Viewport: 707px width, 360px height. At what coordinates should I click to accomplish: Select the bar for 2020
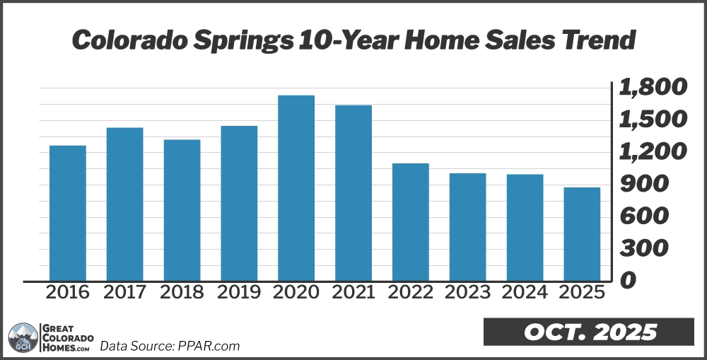pos(296,188)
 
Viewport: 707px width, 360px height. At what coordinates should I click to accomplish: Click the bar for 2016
pos(68,213)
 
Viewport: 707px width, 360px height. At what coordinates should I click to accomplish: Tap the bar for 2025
pos(582,234)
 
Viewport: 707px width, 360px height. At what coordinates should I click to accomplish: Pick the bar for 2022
pos(411,222)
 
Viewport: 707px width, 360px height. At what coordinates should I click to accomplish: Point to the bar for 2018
pos(182,210)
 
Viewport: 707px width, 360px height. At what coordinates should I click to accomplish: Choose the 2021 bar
pos(353,193)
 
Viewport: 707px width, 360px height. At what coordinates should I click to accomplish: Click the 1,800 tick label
pos(653,88)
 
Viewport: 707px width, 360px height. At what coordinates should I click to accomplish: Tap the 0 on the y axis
pos(627,280)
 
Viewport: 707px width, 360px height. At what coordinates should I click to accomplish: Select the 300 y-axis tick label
pos(643,248)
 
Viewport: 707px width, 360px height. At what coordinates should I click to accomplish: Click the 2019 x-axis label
pos(239,293)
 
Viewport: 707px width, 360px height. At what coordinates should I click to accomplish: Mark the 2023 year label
pos(467,293)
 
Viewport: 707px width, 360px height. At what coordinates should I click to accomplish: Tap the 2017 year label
pos(124,293)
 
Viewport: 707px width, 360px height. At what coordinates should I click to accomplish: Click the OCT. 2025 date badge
pos(591,332)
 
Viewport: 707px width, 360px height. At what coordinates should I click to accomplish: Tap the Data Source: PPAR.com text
pos(170,346)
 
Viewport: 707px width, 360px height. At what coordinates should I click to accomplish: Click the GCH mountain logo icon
pos(23,337)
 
